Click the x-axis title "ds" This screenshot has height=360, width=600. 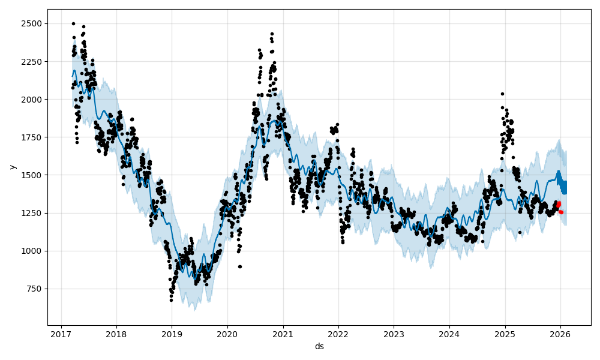click(x=319, y=347)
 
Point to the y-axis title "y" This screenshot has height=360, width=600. click(x=11, y=167)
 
